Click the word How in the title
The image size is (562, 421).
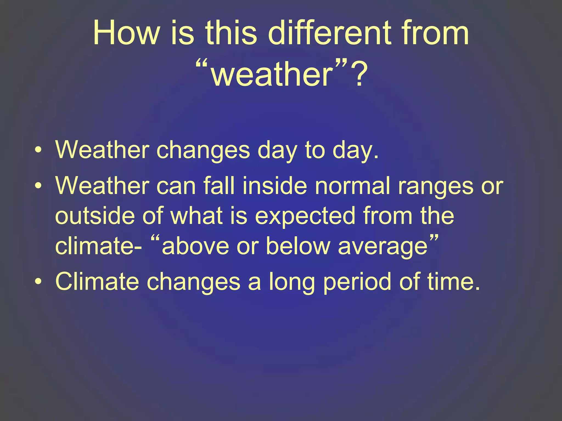pyautogui.click(x=126, y=33)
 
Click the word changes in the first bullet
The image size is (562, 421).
pyautogui.click(x=203, y=150)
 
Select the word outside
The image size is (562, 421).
pyautogui.click(x=95, y=216)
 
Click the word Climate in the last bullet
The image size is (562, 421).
pyautogui.click(x=97, y=281)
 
